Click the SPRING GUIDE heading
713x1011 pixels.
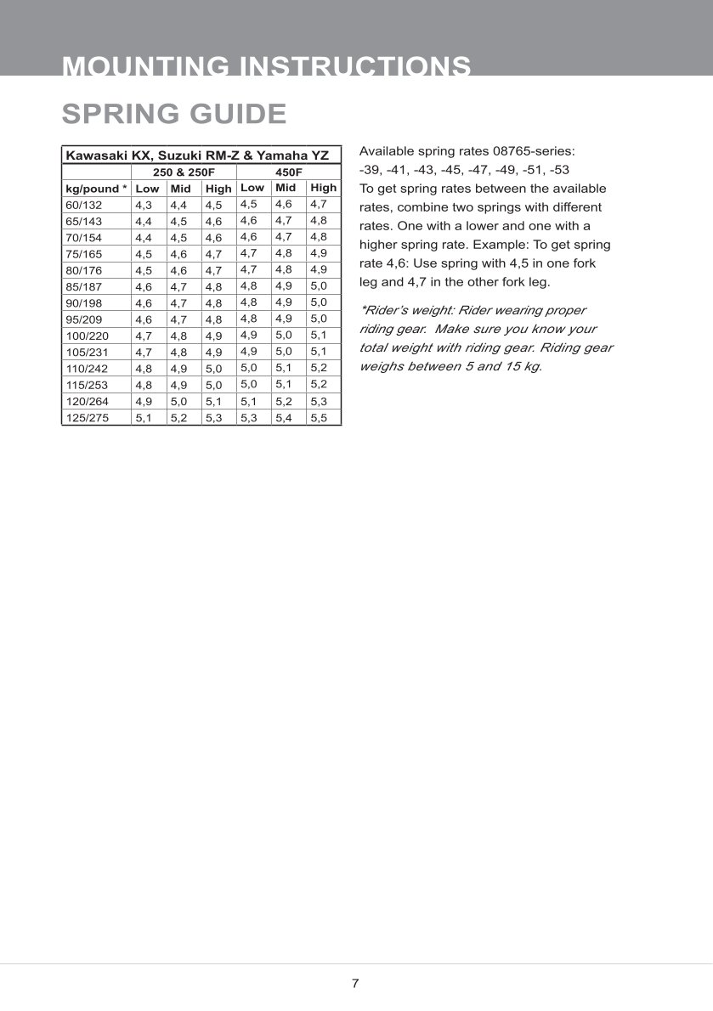174,114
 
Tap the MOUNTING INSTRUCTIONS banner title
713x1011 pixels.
267,66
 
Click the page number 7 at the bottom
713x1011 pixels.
355,984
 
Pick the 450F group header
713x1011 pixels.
289,172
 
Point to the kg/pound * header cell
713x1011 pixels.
96,189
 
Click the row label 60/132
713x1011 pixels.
83,205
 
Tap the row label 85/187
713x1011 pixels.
83,287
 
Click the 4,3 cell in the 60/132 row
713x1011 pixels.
144,206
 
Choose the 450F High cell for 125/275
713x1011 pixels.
319,418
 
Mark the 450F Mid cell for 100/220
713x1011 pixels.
284,335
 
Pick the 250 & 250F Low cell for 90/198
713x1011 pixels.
144,303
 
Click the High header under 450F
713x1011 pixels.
323,188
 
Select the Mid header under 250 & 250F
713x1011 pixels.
180,189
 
